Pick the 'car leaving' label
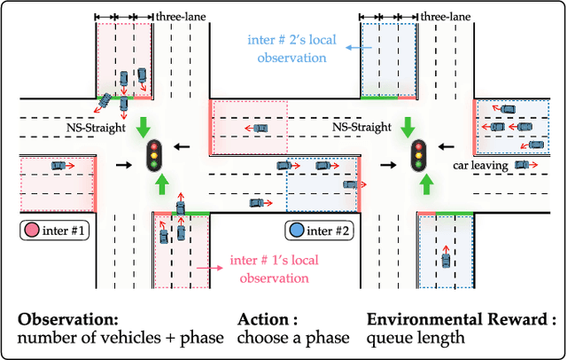(x=479, y=164)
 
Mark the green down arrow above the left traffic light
(x=144, y=126)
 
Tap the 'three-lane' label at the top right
(x=445, y=16)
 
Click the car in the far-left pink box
(x=58, y=165)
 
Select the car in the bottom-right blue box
(x=446, y=262)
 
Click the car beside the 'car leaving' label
(x=526, y=164)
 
